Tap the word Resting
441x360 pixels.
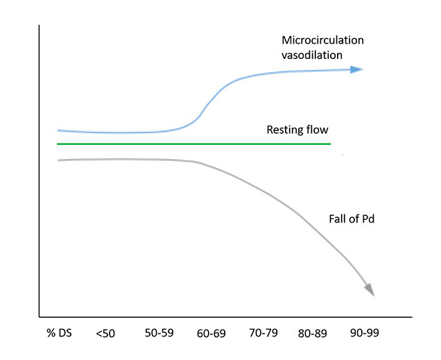[284, 130]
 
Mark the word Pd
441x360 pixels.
[368, 219]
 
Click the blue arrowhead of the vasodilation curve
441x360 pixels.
[357, 69]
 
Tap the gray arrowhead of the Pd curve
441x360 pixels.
[369, 289]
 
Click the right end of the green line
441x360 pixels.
[330, 144]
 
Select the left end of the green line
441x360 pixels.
[58, 144]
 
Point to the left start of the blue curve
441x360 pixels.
[58, 130]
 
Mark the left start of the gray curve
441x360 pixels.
[58, 160]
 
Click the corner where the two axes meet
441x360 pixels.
[40, 314]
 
